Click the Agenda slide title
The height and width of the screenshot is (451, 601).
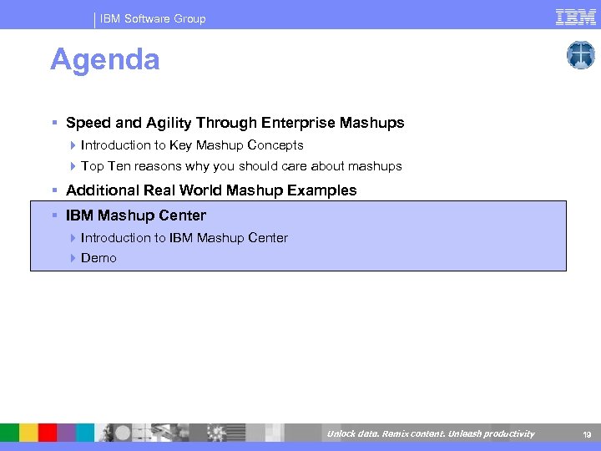104,60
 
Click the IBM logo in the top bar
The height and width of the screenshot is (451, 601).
575,17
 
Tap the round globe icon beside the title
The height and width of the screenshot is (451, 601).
580,55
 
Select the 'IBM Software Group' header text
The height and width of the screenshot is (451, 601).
153,18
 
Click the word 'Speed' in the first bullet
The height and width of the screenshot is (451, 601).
86,123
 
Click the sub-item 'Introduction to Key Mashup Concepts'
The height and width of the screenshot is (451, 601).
192,145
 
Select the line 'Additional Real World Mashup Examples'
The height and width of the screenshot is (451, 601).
211,190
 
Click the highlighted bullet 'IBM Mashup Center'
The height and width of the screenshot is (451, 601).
135,215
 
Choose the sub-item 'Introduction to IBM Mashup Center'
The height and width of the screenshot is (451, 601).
184,238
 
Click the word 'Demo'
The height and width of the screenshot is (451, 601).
98,258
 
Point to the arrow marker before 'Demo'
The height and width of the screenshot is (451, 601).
73,258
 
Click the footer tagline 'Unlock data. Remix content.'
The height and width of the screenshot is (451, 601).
384,433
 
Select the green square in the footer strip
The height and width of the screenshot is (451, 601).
9,433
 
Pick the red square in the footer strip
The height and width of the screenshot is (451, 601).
48,433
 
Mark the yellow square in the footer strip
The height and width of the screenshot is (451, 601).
28,433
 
